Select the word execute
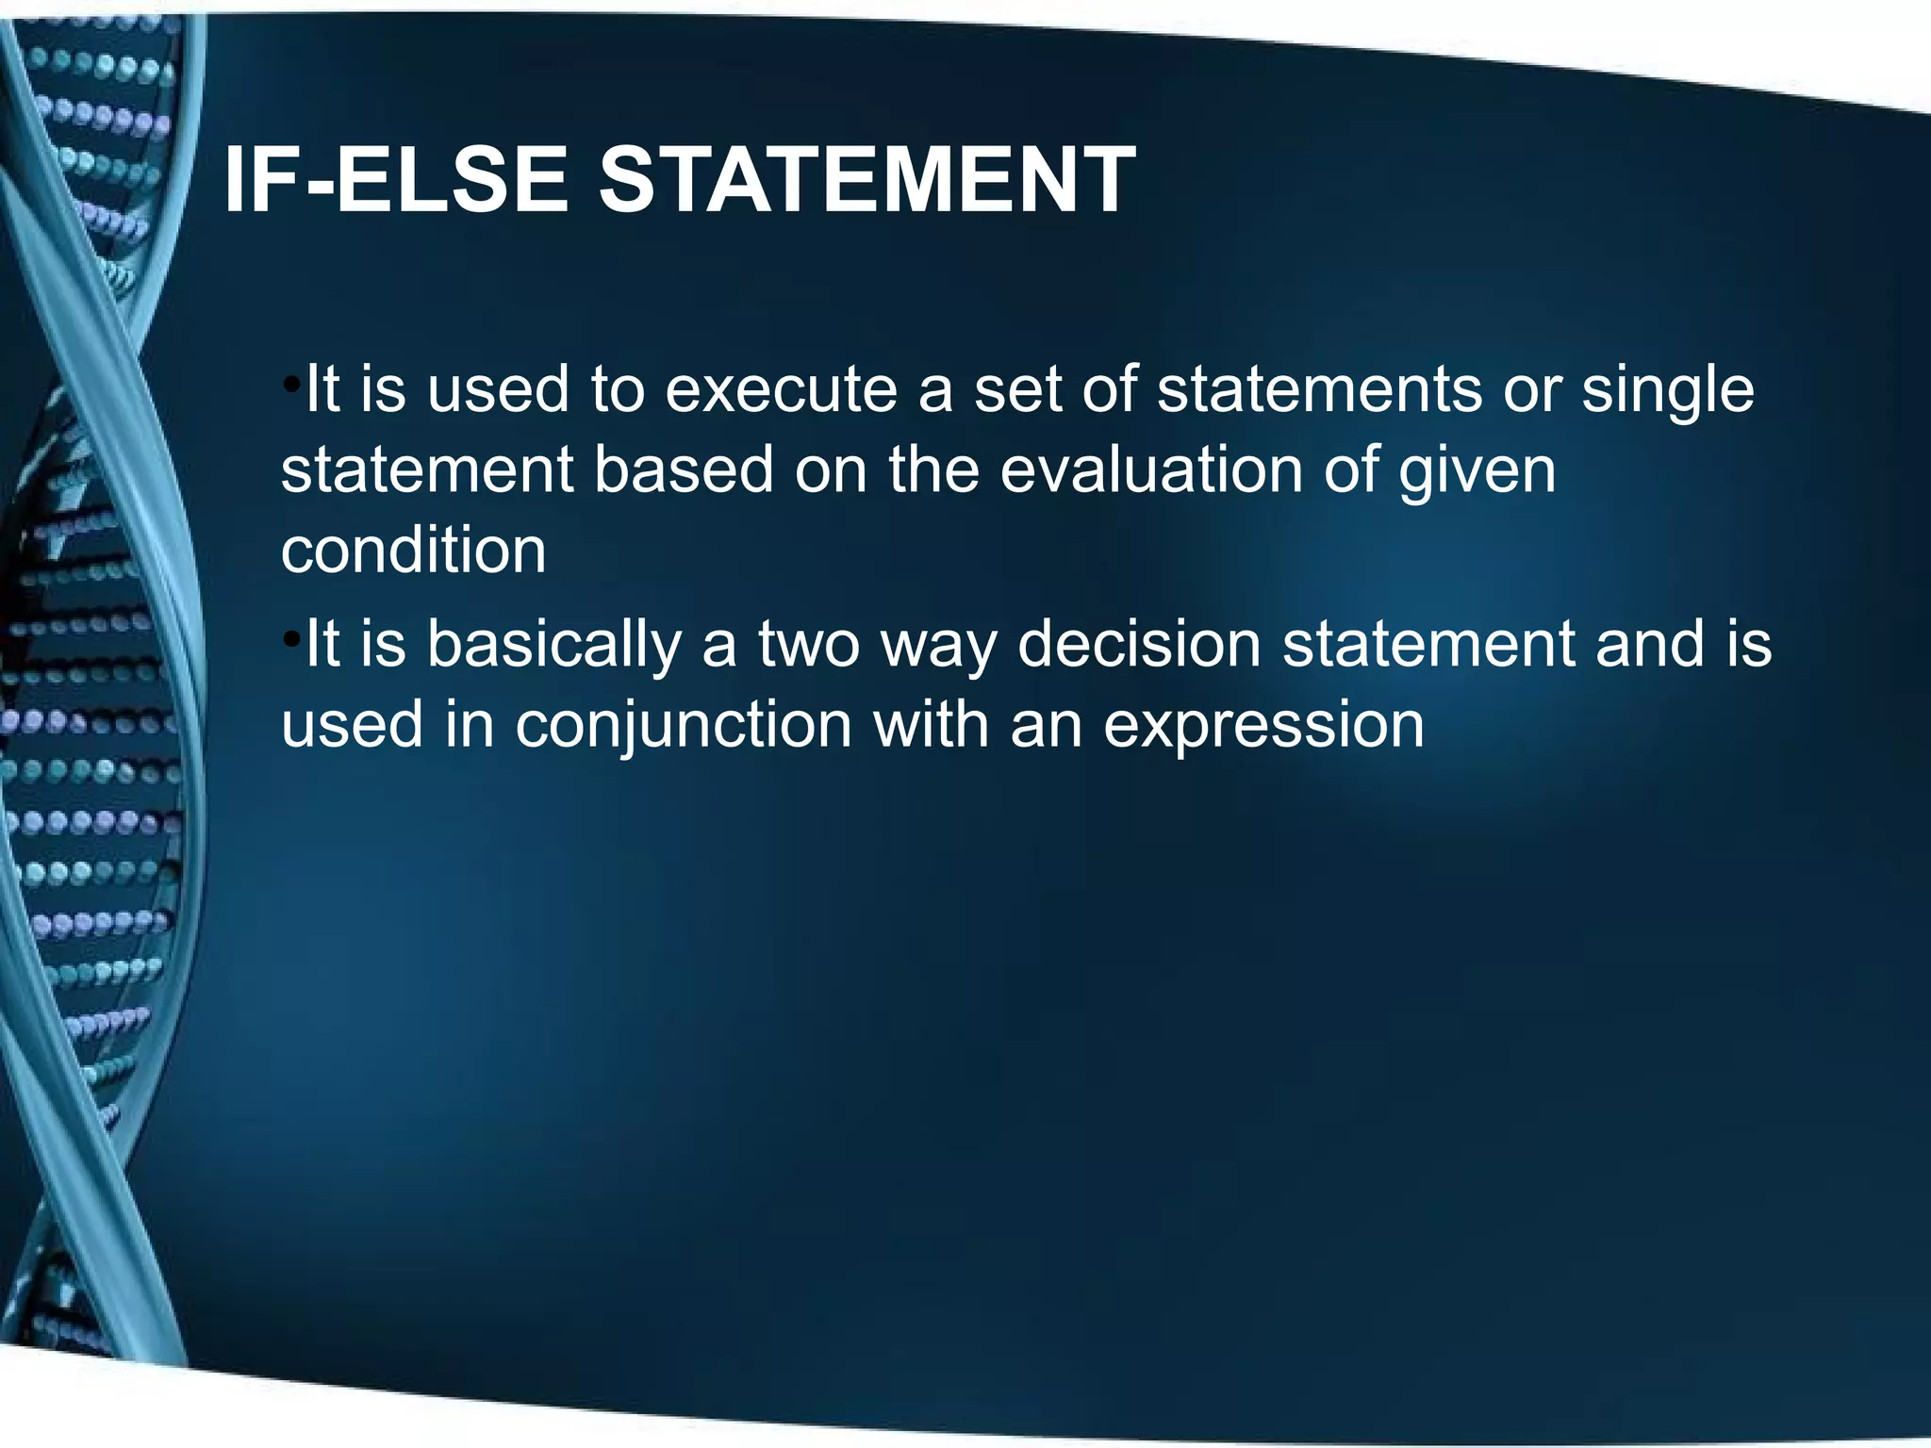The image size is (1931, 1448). (781, 390)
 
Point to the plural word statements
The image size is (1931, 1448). (1319, 390)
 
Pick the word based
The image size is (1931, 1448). (684, 470)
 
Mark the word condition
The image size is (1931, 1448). (413, 551)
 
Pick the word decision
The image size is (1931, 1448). (1139, 645)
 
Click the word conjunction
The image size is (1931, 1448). (684, 727)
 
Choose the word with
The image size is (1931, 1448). (931, 725)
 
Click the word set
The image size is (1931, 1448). (1016, 390)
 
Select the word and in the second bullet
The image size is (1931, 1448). (1650, 645)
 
